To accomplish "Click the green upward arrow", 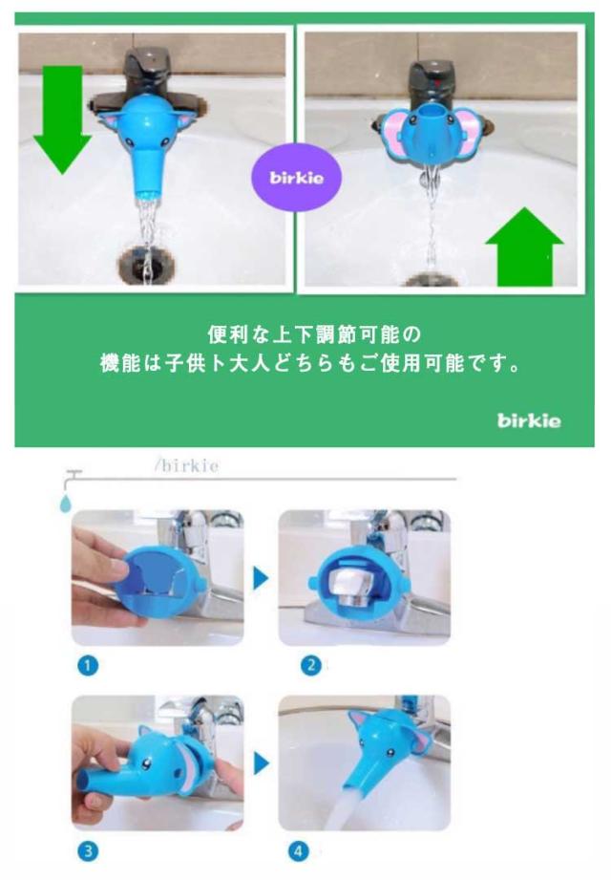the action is pos(524,247).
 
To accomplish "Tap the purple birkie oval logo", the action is pos(297,178).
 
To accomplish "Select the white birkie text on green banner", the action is pos(529,420).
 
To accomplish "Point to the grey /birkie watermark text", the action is pos(187,465).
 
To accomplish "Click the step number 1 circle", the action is pos(88,666).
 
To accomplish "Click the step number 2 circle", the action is pos(311,666).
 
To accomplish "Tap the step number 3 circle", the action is pos(88,850).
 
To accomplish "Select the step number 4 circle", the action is pos(299,850).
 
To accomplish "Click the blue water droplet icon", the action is pos(66,504).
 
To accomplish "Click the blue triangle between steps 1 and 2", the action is pos(260,578).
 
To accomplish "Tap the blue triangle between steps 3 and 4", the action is pos(261,763).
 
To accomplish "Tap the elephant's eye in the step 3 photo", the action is pos(147,762).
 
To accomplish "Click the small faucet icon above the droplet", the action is pos(72,478).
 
